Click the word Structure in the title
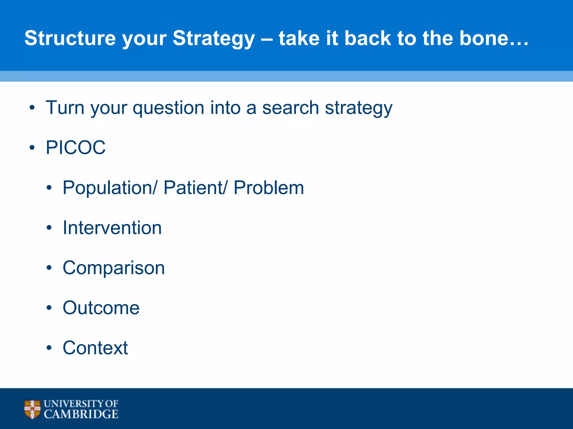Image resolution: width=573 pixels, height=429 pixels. (x=70, y=38)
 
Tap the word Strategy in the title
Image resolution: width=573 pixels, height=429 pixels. (x=214, y=39)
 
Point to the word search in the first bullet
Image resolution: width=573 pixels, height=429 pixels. (x=290, y=108)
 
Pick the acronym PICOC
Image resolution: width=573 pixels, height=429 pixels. (x=76, y=147)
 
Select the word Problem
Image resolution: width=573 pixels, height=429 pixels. (x=269, y=187)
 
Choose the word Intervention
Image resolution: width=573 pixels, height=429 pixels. (x=112, y=228)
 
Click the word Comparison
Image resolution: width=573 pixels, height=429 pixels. (x=114, y=268)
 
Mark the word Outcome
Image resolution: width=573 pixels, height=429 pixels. (x=101, y=308)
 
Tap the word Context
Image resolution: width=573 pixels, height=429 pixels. (x=95, y=348)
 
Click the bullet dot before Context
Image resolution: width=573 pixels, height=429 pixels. (x=49, y=348)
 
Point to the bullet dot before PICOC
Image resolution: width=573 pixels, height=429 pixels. (x=32, y=147)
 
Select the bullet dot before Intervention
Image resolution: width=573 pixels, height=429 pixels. (x=49, y=228)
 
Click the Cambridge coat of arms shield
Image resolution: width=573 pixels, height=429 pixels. (x=32, y=409)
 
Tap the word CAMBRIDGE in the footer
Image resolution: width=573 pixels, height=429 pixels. (x=81, y=414)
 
